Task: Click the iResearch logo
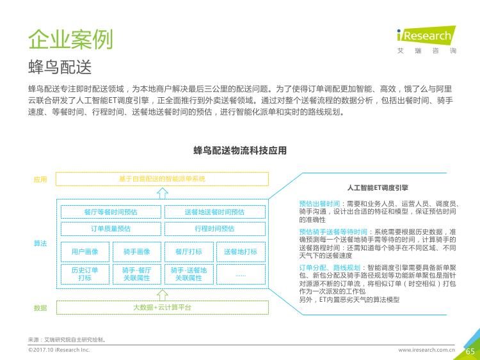(x=426, y=40)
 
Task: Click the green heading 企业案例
(x=70, y=40)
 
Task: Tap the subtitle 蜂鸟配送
(x=60, y=67)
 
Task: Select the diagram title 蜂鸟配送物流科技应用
(x=240, y=150)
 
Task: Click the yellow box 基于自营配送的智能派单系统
(x=163, y=179)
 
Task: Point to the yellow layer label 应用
(x=40, y=179)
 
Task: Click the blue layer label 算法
(x=40, y=244)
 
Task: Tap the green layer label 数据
(x=40, y=308)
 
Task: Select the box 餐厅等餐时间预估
(x=111, y=212)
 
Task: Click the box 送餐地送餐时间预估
(x=215, y=212)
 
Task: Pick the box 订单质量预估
(x=111, y=229)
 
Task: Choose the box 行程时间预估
(x=215, y=229)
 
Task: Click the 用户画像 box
(x=85, y=252)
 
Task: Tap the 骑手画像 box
(x=137, y=252)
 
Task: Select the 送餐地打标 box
(x=241, y=252)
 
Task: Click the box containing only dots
(x=241, y=274)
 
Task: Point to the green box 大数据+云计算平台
(x=163, y=308)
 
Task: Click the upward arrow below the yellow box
(x=163, y=192)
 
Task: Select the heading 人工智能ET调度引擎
(x=378, y=187)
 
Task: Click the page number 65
(x=470, y=352)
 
